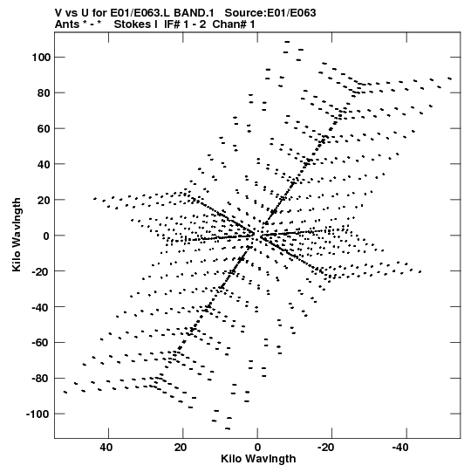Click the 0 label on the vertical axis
(46, 236)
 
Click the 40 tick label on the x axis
(106, 448)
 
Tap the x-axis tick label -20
(325, 448)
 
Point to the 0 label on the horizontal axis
(257, 448)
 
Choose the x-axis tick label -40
(400, 448)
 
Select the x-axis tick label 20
(181, 448)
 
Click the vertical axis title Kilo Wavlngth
(17, 235)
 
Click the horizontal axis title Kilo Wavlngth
(258, 459)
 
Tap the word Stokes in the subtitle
(136, 24)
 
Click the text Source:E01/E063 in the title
(270, 13)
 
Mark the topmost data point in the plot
(287, 42)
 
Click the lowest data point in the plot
(228, 428)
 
